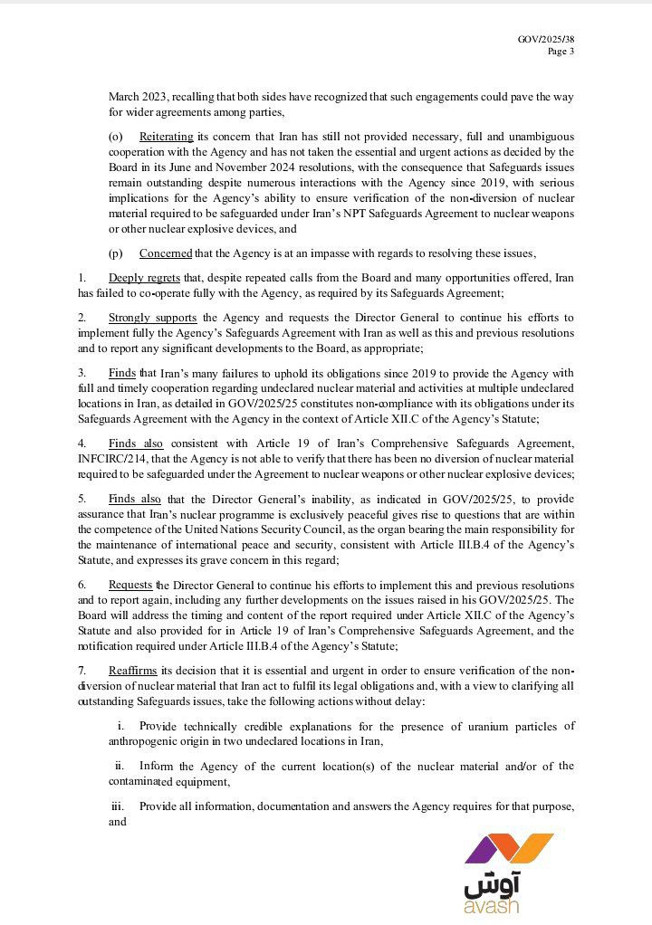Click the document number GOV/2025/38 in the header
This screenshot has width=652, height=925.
[x=546, y=40]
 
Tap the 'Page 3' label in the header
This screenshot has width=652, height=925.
[x=561, y=52]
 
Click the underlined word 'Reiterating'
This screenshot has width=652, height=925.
[x=167, y=137]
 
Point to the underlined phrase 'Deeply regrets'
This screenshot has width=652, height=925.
[x=143, y=277]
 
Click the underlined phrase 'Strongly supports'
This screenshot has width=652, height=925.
[x=152, y=318]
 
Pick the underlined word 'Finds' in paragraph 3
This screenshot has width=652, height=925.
[x=122, y=372]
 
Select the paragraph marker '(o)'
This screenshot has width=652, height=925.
[x=115, y=137]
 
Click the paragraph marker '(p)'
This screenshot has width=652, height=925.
[x=115, y=253]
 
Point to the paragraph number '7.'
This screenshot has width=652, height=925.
[x=82, y=670]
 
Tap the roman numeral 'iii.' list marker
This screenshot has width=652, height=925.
[x=118, y=806]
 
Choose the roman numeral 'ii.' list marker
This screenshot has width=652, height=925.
[x=120, y=767]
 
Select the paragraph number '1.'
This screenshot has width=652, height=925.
[x=82, y=277]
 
